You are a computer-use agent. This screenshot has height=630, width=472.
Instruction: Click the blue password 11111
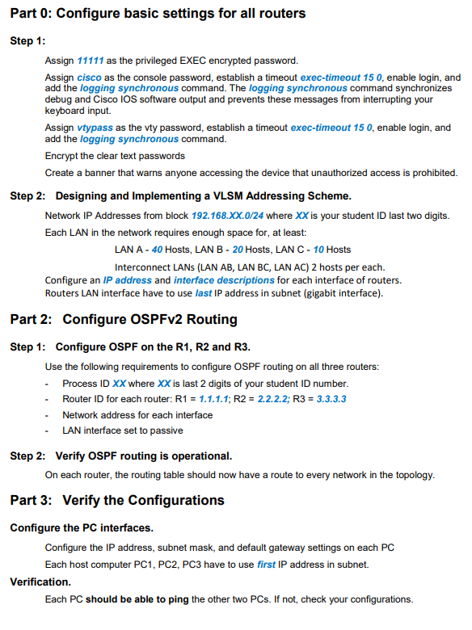[x=90, y=61]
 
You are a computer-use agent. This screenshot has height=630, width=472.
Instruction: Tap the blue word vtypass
[x=95, y=128]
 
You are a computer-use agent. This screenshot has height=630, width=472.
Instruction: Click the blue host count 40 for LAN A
[x=158, y=249]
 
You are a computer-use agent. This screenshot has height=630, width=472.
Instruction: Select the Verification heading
[x=40, y=581]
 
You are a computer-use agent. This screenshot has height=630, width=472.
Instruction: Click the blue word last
[x=204, y=292]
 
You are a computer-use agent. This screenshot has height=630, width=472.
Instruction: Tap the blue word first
[x=267, y=564]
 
